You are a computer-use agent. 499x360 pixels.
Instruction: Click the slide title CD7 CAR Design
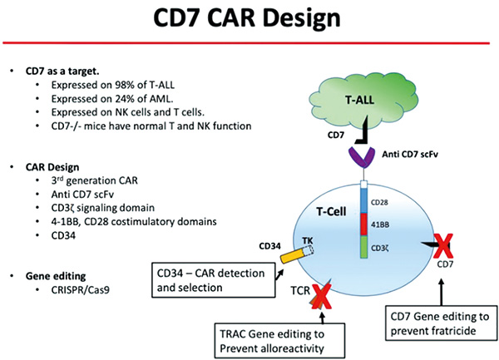click(249, 21)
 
